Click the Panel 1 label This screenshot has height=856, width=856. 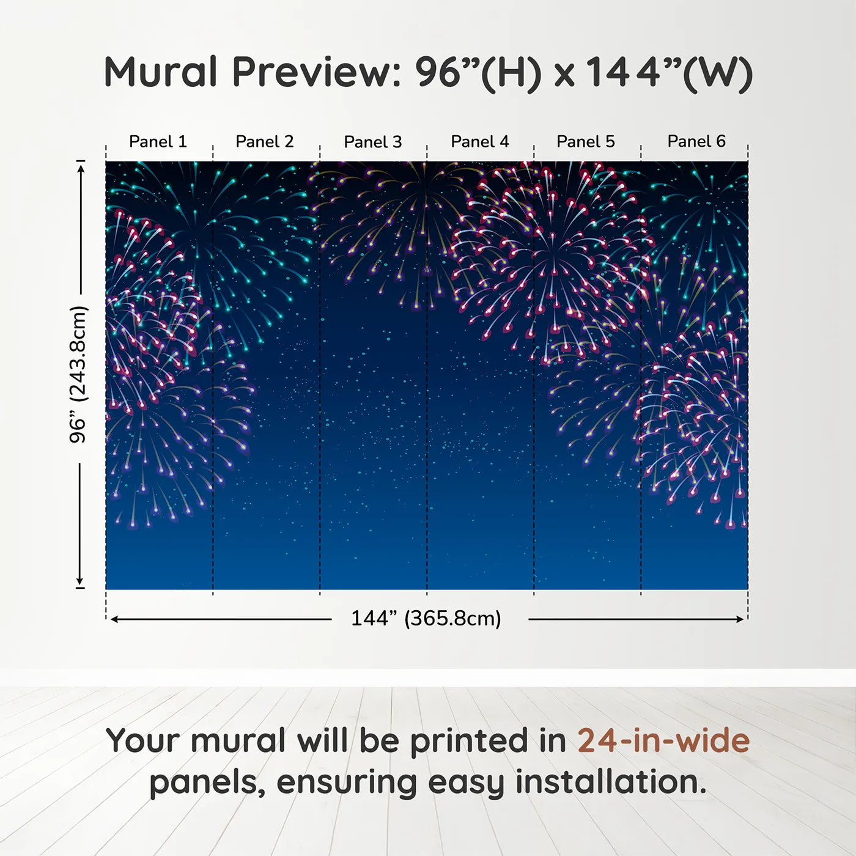(158, 142)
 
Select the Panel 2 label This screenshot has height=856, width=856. (264, 142)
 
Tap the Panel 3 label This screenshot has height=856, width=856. (373, 142)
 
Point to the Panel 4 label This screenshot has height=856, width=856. (480, 142)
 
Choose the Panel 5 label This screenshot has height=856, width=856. (586, 142)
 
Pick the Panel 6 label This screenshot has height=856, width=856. (696, 141)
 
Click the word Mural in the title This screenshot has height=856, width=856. (161, 72)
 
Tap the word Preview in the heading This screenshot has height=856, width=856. (317, 72)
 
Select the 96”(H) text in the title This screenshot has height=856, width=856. (479, 73)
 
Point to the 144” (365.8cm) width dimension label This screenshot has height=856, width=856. (426, 618)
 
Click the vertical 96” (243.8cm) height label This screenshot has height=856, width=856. (78, 374)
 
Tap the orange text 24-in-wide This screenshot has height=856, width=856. (663, 740)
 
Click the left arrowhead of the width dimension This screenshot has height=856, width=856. (114, 619)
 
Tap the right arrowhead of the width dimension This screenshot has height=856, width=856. (740, 619)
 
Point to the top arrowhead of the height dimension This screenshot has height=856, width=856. (81, 169)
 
